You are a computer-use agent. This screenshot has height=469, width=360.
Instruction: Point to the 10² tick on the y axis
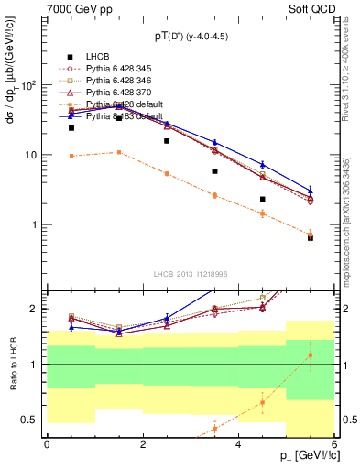[x=29, y=85]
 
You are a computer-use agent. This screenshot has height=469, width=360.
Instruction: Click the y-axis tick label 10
[x=31, y=155]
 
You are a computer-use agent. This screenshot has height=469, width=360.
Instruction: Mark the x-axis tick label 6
[x=334, y=442]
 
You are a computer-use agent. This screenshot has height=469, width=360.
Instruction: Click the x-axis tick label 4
[x=238, y=442]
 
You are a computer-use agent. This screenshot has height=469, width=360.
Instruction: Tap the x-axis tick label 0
[x=47, y=442]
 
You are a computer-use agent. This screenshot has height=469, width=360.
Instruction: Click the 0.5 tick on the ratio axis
[x=32, y=420]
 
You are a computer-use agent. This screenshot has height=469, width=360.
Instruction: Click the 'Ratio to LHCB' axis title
[x=12, y=364]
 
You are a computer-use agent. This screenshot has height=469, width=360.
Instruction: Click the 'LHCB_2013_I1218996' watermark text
[x=191, y=274]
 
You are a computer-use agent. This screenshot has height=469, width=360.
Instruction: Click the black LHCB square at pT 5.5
[x=311, y=238]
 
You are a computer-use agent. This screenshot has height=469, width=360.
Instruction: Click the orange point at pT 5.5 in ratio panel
[x=311, y=354]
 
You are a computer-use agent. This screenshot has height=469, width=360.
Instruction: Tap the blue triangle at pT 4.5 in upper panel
[x=262, y=164]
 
